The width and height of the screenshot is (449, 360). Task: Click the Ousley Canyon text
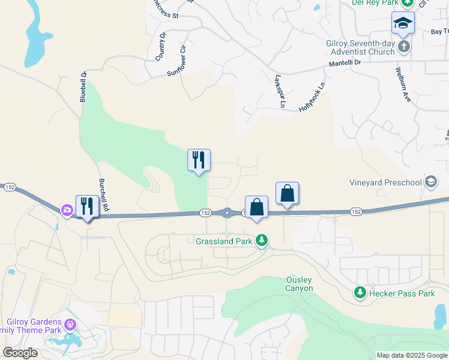[299, 284]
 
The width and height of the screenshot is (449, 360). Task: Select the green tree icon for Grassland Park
[261, 241]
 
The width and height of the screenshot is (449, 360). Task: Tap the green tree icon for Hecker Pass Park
[360, 293]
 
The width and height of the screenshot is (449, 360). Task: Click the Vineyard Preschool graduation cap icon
[430, 182]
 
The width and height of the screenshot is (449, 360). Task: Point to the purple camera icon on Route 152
[66, 210]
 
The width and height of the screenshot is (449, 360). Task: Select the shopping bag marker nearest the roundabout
[256, 206]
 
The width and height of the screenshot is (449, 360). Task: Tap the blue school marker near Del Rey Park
[403, 23]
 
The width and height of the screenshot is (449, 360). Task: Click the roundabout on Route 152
[227, 212]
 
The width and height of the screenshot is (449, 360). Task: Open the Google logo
[20, 353]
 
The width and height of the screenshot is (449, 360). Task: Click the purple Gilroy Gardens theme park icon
[71, 325]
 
